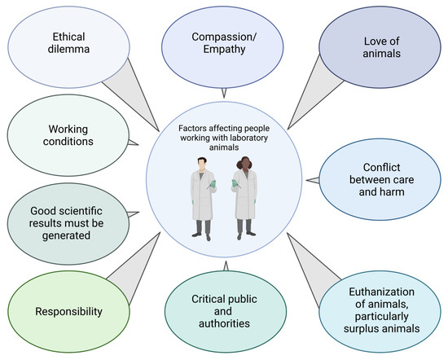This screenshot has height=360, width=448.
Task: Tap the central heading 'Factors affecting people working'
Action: (222, 127)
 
